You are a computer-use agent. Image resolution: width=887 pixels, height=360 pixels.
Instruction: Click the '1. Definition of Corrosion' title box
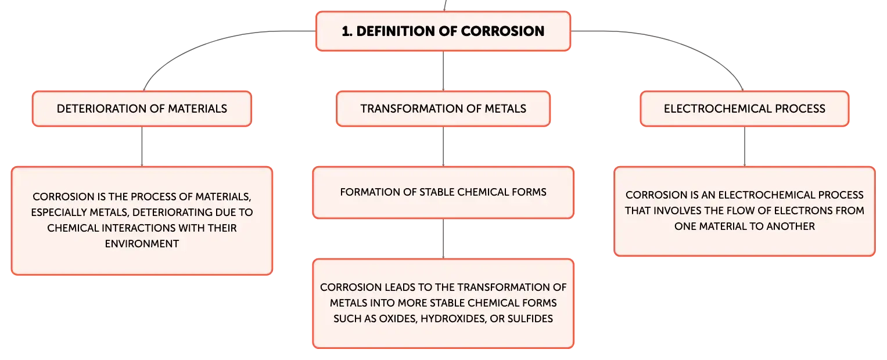coord(443,31)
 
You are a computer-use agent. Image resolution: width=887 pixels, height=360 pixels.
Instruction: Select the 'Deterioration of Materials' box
coord(142,109)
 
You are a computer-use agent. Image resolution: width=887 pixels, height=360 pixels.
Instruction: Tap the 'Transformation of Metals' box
coord(443,109)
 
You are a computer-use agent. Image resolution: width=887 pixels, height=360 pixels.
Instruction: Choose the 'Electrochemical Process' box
coord(745,109)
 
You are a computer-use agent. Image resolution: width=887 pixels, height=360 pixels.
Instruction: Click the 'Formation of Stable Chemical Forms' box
coord(443,192)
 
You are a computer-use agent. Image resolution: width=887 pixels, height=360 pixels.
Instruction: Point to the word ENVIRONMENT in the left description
coord(142,243)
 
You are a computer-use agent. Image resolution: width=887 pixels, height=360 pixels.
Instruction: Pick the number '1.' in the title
coord(347,31)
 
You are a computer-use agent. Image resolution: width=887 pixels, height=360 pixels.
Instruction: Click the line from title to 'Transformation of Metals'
coord(443,71)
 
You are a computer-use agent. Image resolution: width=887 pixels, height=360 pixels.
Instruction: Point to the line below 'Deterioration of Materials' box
coord(142,146)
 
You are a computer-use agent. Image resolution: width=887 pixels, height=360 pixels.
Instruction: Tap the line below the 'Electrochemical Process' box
coord(745,146)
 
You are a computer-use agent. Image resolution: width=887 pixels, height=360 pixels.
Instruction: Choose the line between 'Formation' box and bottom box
coord(443,239)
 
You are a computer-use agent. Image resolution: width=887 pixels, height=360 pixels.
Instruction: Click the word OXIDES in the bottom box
coord(398,319)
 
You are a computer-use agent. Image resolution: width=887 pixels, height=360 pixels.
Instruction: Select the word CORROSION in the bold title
coord(502,31)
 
